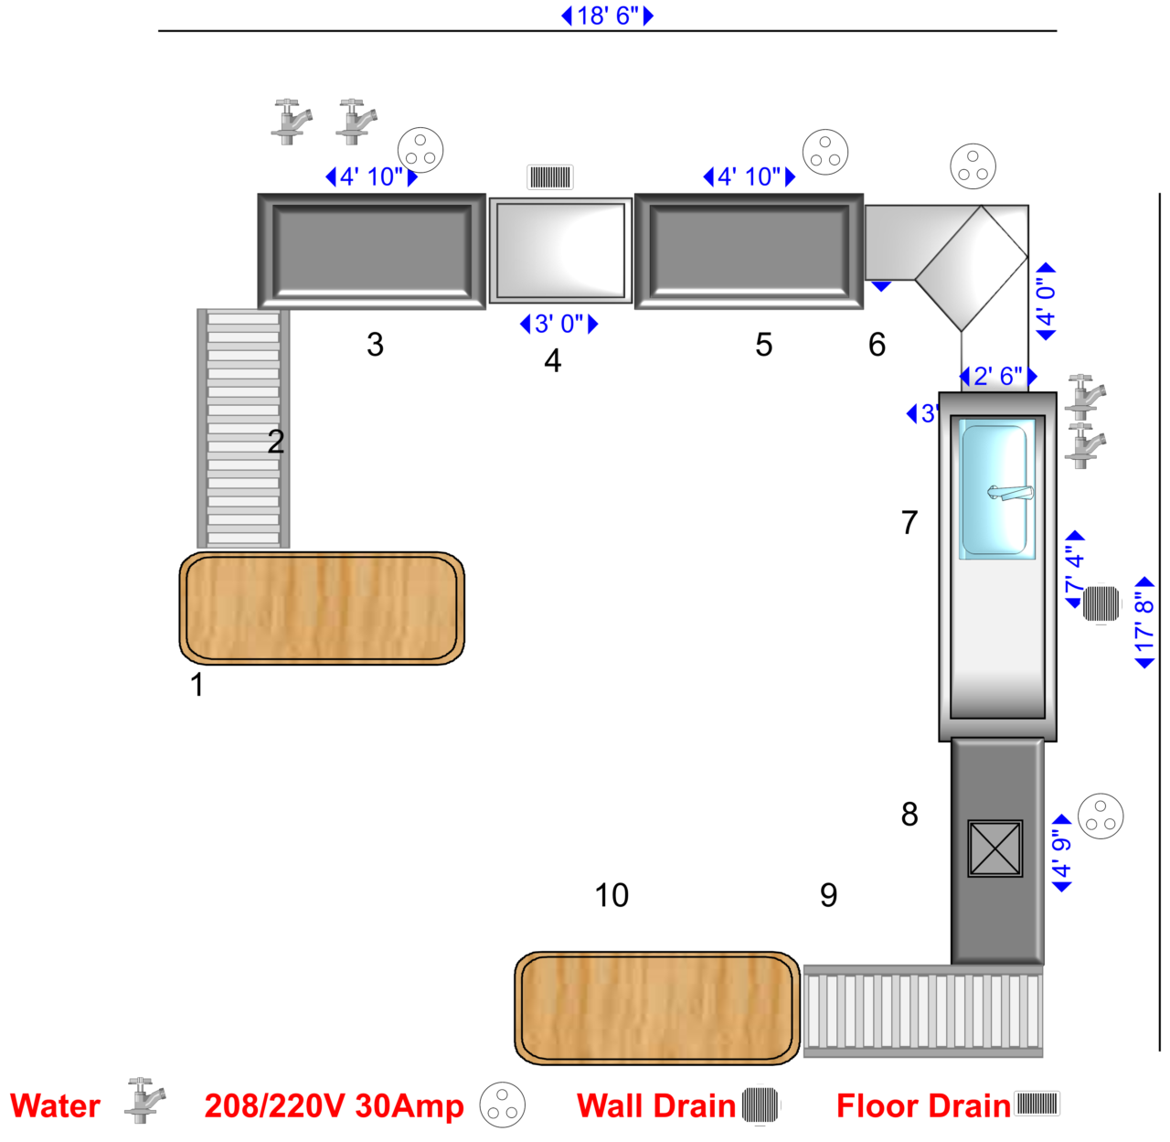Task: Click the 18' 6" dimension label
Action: pyautogui.click(x=608, y=16)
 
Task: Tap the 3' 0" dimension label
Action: pyautogui.click(x=558, y=324)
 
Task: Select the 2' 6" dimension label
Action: pyautogui.click(x=997, y=376)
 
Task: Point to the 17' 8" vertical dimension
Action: pyautogui.click(x=1144, y=623)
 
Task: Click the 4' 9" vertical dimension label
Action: pyautogui.click(x=1060, y=853)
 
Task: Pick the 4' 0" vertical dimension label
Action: pyautogui.click(x=1045, y=302)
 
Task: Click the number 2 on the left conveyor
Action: pyautogui.click(x=276, y=442)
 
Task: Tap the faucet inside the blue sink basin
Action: pyautogui.click(x=1009, y=493)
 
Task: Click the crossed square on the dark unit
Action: pyautogui.click(x=994, y=848)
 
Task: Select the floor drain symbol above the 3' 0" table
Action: pyautogui.click(x=550, y=176)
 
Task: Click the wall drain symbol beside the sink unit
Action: pyautogui.click(x=1101, y=603)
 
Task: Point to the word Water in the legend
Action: pyautogui.click(x=55, y=1106)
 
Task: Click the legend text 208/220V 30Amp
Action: pyautogui.click(x=334, y=1106)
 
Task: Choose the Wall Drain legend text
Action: pyautogui.click(x=655, y=1106)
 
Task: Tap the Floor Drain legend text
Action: pyautogui.click(x=923, y=1106)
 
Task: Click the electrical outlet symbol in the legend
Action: pyautogui.click(x=502, y=1105)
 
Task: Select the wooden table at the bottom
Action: pyautogui.click(x=656, y=1008)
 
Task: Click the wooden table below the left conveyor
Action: pyautogui.click(x=322, y=607)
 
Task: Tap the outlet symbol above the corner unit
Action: pyautogui.click(x=973, y=166)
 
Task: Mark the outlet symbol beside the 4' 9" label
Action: pyautogui.click(x=1100, y=816)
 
